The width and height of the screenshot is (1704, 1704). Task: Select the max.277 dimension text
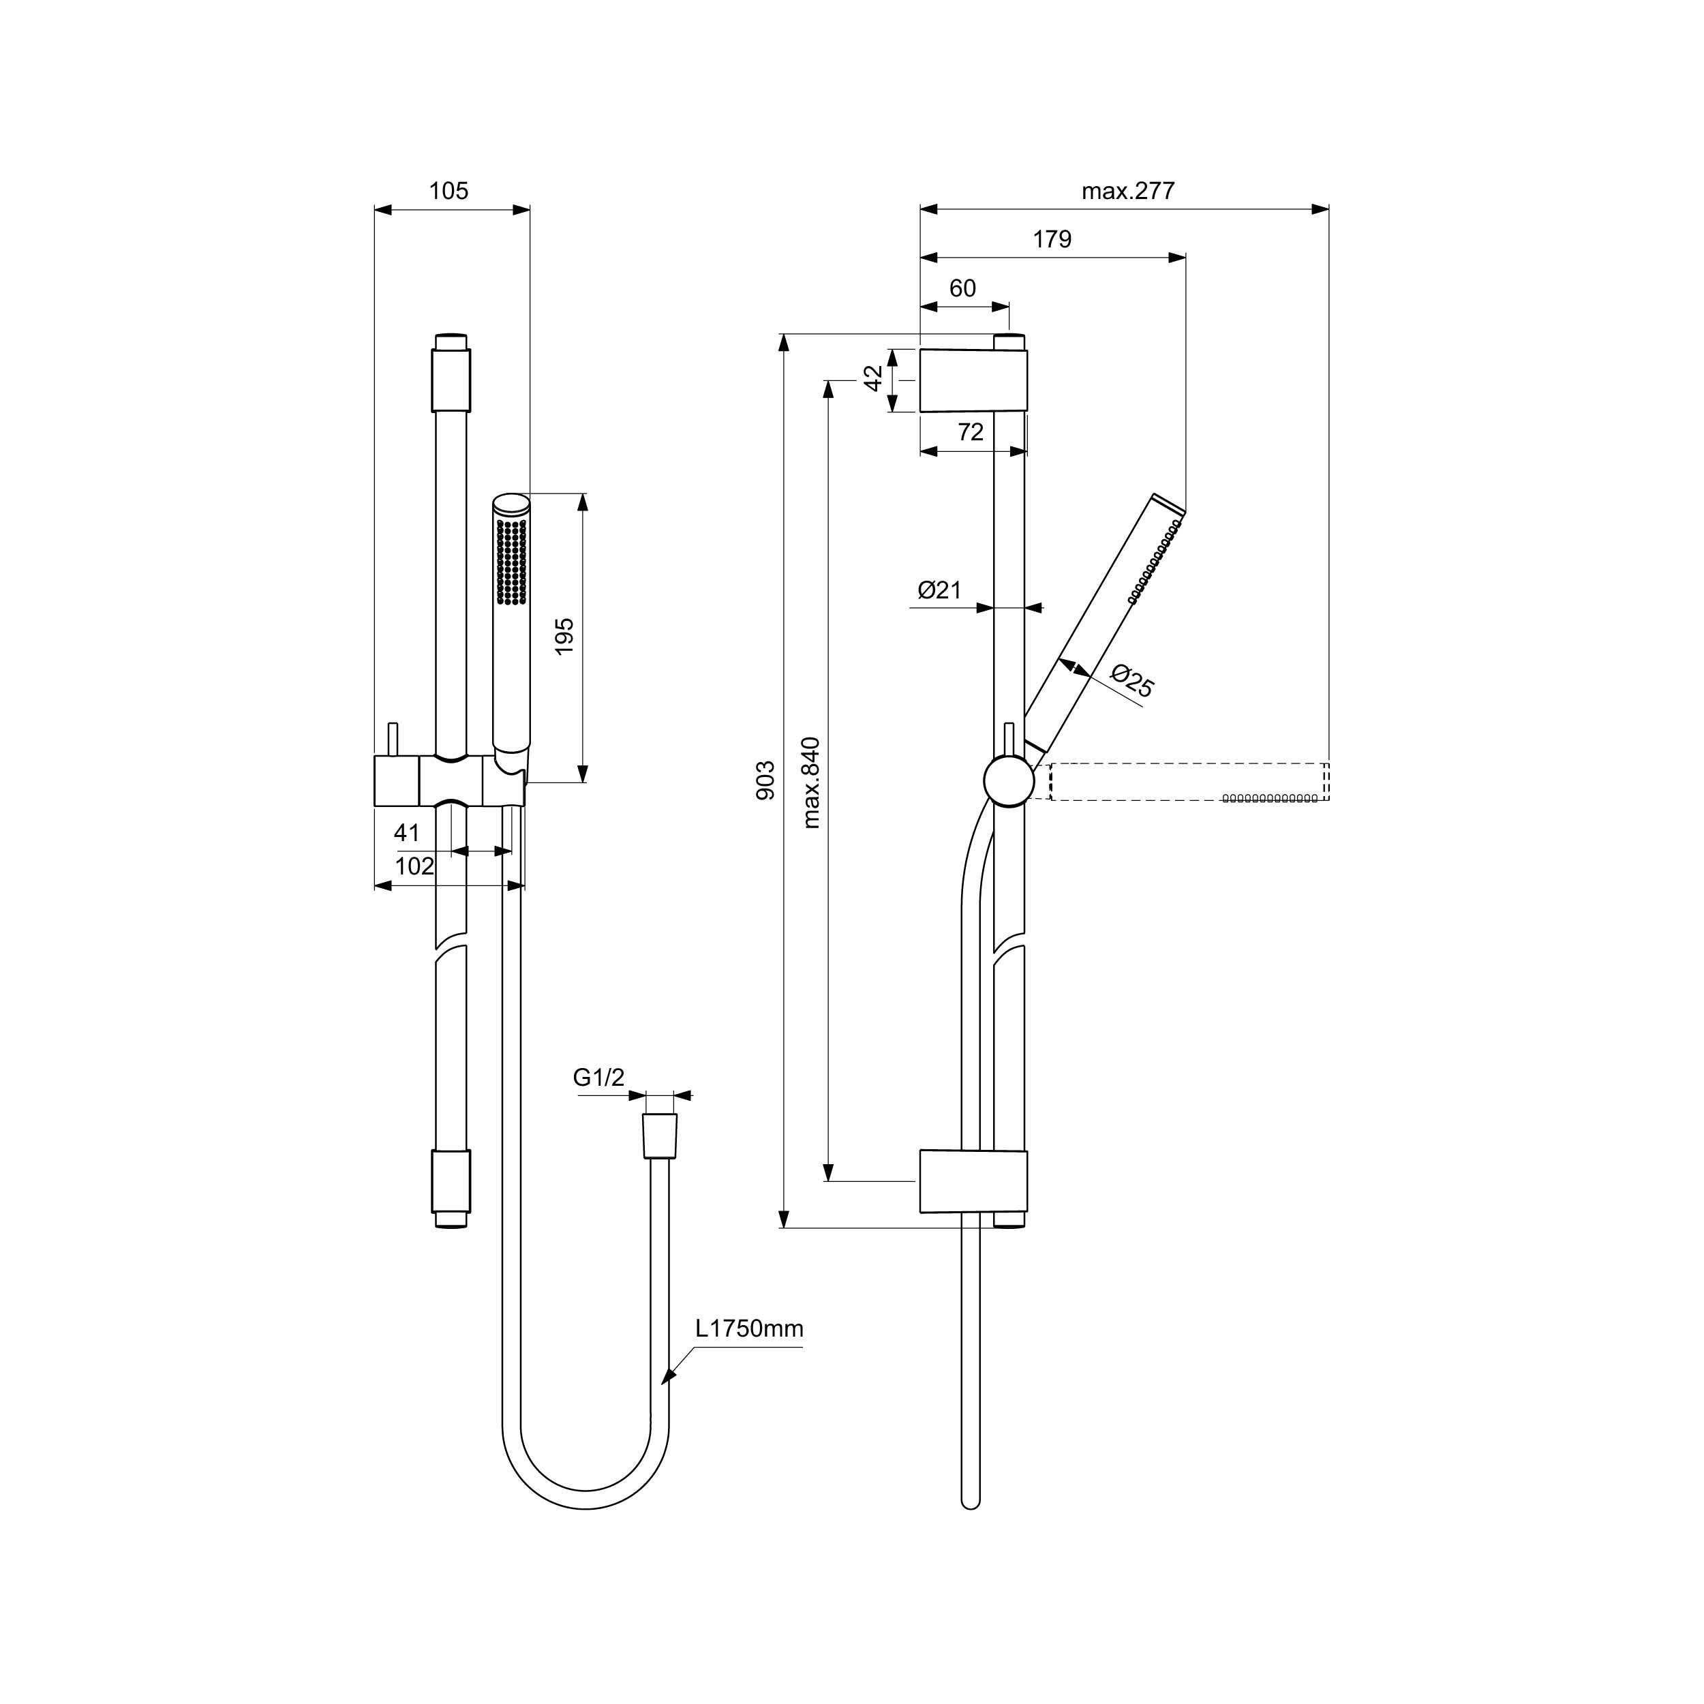coord(1128,191)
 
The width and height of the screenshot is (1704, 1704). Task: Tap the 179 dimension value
coord(1052,239)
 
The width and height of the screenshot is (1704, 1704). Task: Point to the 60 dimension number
coord(962,288)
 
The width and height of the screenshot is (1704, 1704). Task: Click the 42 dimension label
coord(873,378)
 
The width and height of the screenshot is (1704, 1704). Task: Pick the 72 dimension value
coord(970,431)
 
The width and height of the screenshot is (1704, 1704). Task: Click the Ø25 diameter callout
coord(1132,680)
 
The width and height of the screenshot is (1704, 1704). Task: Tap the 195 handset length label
coord(564,635)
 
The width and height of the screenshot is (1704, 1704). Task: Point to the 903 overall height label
coord(765,780)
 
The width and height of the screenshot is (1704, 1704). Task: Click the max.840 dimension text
coord(811,782)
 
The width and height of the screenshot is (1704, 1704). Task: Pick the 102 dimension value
coord(414,866)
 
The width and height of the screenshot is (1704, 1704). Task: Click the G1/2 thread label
coord(599,1077)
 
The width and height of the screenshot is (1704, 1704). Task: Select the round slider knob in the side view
coord(1009,780)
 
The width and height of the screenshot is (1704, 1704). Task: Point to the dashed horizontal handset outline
coord(1189,782)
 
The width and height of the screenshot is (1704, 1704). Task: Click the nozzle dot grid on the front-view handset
coord(512,562)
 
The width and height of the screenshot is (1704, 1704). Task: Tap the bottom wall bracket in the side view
coord(974,1181)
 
